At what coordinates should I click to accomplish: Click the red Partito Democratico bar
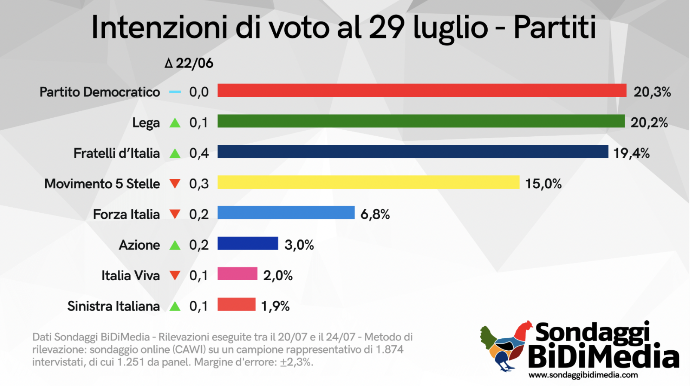pos(422,91)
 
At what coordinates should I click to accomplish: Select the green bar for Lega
pos(421,121)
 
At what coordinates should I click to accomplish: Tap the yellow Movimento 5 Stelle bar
pos(368,182)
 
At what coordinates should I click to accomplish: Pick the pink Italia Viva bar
pos(237,274)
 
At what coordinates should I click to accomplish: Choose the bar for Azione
pos(247,243)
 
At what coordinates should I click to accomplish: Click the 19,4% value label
pos(631,153)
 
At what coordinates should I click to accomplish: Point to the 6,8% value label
pos(375,214)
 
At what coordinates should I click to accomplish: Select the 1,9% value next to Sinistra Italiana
pos(275,306)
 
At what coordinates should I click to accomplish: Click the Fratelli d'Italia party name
pos(116,153)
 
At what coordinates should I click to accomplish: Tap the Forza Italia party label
pos(126,214)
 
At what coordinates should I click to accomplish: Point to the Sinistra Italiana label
pos(113,306)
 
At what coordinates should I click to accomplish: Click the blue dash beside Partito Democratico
pos(175,92)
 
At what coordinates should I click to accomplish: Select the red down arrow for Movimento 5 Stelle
pos(175,184)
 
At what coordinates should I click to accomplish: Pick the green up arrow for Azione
pos(175,245)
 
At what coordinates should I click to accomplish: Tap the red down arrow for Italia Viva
pos(175,275)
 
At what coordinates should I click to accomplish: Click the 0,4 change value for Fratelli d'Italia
pos(199,153)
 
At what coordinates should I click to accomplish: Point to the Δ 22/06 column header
pos(189,63)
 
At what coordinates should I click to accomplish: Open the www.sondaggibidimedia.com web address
pos(583,375)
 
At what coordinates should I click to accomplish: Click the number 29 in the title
pos(387,28)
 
